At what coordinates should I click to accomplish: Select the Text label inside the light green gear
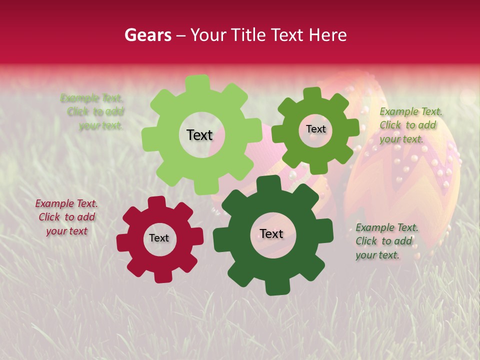coord(199,135)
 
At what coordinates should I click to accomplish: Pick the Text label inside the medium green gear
coord(315,129)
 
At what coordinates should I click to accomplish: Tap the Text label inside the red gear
coord(159,238)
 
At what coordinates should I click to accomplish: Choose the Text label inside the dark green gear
coord(271,233)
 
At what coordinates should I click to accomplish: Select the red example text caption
coord(66,217)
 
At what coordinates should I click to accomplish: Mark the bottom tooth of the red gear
coord(161,276)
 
